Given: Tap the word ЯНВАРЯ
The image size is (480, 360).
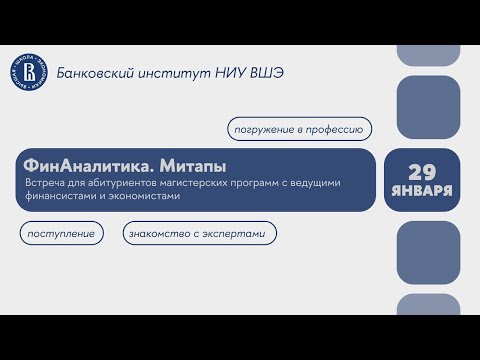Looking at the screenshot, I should [428, 190].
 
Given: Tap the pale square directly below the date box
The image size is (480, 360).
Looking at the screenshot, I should [427, 251].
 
